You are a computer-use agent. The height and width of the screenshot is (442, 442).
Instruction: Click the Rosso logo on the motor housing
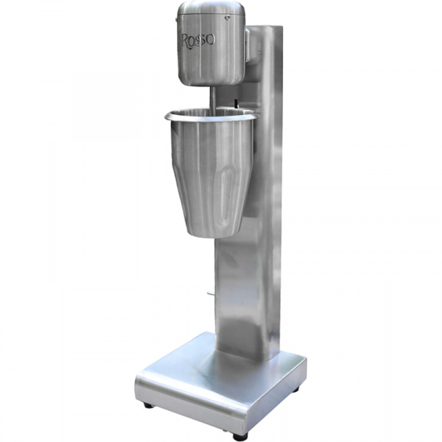[197, 41]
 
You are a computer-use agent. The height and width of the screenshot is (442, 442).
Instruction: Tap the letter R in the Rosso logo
[186, 41]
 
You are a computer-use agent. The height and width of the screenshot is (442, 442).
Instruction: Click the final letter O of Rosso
[210, 40]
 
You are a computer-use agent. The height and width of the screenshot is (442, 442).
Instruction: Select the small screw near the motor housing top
[227, 18]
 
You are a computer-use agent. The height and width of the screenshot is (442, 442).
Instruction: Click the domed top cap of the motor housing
[211, 7]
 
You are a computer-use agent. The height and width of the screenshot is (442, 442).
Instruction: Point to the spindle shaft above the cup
[214, 99]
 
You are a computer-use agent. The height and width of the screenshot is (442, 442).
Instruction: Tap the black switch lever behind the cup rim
[236, 103]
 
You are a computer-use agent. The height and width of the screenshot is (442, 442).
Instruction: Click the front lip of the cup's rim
[208, 119]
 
